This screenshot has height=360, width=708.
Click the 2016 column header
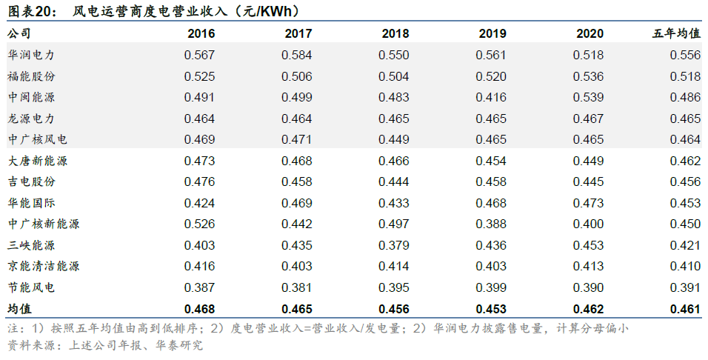coord(201,33)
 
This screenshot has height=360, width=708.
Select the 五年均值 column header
coord(676,33)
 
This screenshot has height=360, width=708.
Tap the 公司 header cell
coord(19,33)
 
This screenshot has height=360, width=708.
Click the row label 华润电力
coord(31,55)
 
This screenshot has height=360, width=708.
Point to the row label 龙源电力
coord(31,119)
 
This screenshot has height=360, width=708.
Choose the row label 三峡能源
coord(31,245)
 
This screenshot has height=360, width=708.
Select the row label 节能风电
coord(31,287)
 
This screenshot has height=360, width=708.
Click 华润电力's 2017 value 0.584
coord(297,55)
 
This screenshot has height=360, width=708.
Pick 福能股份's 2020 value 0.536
coord(588,76)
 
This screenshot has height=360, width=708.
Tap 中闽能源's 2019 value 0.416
coord(491,97)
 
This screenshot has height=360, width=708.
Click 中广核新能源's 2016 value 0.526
coord(199,224)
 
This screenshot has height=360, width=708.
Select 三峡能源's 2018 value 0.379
coord(394,245)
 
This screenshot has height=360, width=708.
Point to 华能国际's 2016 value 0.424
coord(199,203)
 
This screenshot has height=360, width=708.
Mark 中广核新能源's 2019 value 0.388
coord(491,224)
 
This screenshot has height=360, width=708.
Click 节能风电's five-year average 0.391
coord(686,287)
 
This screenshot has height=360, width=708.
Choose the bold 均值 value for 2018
coord(394,309)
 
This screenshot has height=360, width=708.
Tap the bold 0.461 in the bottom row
coord(686,309)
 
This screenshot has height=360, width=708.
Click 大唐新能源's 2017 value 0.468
coord(297,161)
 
